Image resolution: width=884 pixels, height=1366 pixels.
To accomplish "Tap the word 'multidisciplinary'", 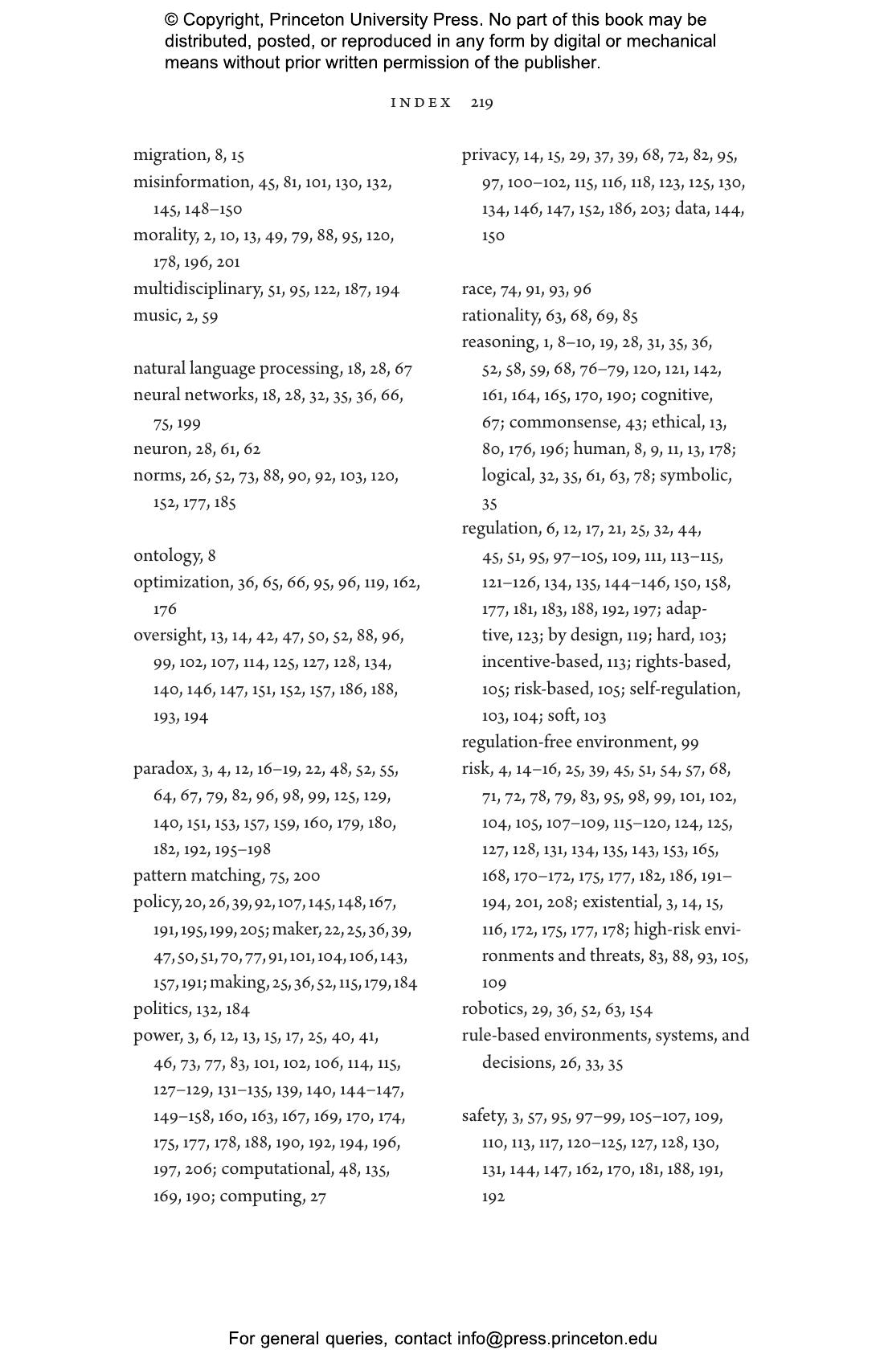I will tap(198, 289).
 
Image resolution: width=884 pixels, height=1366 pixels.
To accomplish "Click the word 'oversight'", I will tap(168, 636).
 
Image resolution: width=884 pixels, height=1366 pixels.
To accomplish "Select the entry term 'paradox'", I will tap(164, 769).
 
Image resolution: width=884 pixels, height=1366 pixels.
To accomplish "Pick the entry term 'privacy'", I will tap(489, 155).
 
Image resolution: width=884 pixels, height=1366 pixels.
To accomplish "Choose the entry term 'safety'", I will tap(483, 1116).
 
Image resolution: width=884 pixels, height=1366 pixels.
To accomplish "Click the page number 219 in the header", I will tap(482, 103).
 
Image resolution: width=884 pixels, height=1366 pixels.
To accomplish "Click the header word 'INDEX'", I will tap(421, 103).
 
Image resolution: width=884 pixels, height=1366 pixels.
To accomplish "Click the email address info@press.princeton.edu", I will tap(557, 1339).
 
